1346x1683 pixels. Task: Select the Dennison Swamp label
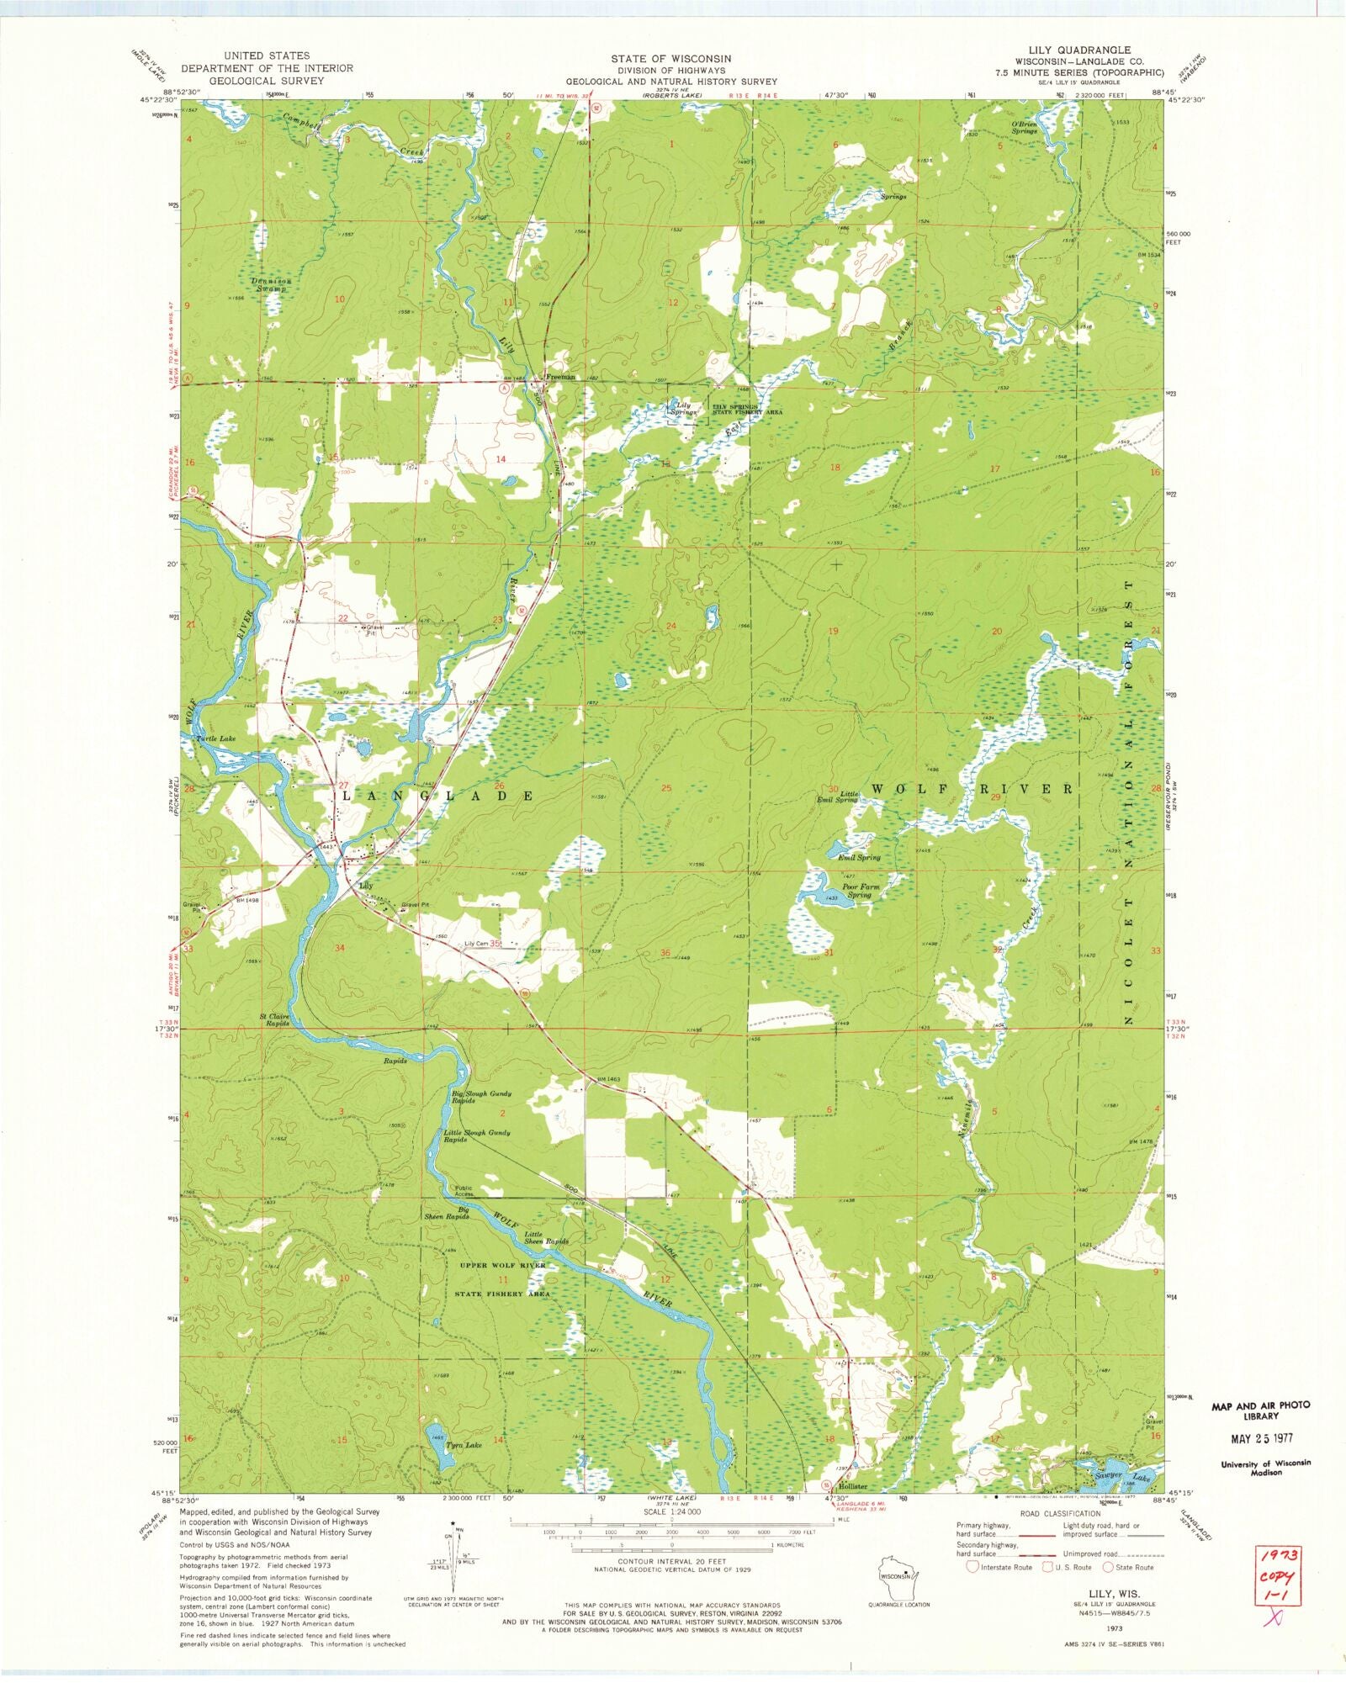tap(270, 284)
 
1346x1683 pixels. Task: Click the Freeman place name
tap(561, 377)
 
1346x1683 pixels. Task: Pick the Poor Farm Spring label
tap(859, 891)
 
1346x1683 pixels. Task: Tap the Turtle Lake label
tap(215, 738)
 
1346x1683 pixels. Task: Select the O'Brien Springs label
tap(1024, 127)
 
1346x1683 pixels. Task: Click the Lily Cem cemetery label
tap(476, 944)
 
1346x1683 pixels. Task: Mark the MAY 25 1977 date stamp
tap(1260, 1438)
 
